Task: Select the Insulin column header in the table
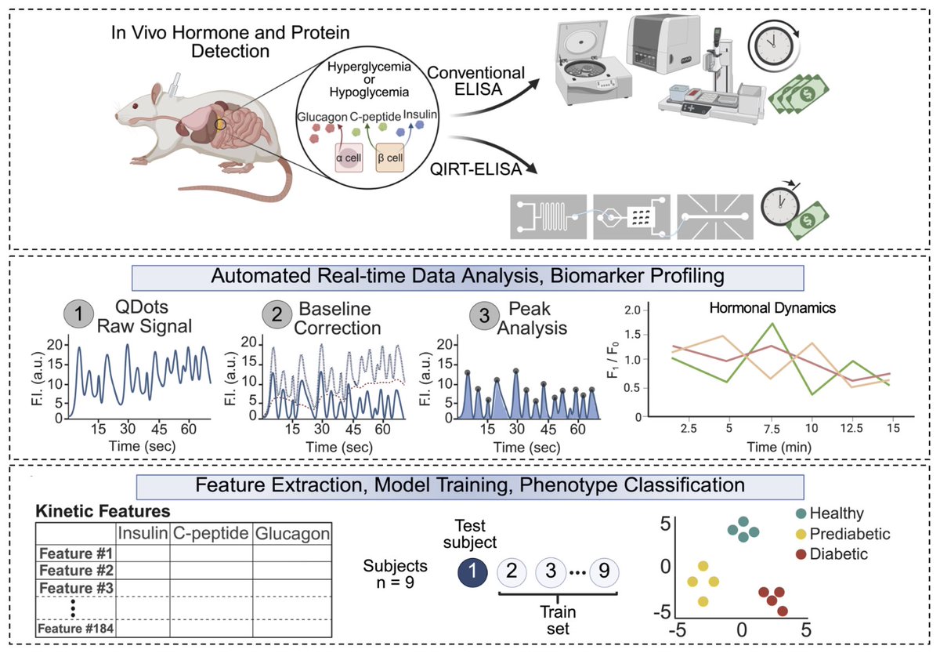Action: [x=143, y=533]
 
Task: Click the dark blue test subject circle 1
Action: [x=474, y=570]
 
